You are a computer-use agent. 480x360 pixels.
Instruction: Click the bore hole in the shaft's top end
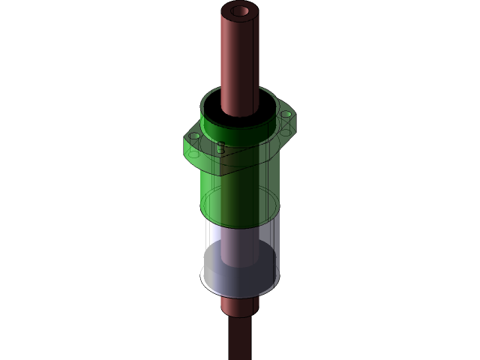point(240,11)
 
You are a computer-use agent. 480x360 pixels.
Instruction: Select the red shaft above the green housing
point(239,60)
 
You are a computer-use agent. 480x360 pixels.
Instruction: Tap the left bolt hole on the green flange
point(195,136)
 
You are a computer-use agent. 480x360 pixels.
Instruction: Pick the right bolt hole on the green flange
point(286,114)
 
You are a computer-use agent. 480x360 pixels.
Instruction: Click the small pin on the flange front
point(220,148)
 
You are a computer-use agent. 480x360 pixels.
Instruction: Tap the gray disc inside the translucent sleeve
point(240,274)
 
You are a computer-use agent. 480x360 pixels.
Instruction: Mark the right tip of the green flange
point(294,118)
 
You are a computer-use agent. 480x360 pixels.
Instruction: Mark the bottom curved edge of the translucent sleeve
point(240,296)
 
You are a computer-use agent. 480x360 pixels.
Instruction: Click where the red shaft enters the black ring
point(240,114)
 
